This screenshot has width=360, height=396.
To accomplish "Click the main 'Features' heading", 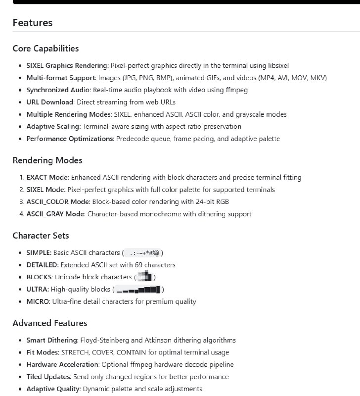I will click(x=33, y=23).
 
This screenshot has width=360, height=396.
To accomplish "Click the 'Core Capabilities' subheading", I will click(x=45, y=49).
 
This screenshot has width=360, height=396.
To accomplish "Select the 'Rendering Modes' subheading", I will click(x=47, y=160).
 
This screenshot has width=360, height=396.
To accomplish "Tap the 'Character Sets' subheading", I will click(x=41, y=236).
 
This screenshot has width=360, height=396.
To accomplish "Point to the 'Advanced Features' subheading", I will click(x=50, y=323).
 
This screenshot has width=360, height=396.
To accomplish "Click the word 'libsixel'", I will click(x=277, y=65).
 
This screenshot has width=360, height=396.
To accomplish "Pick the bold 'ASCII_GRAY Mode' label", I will click(x=56, y=214).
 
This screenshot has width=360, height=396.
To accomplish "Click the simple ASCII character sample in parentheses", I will click(x=143, y=253).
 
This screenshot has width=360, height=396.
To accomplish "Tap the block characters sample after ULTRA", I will click(x=138, y=289).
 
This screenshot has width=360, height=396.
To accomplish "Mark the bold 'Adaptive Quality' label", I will click(x=53, y=389).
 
